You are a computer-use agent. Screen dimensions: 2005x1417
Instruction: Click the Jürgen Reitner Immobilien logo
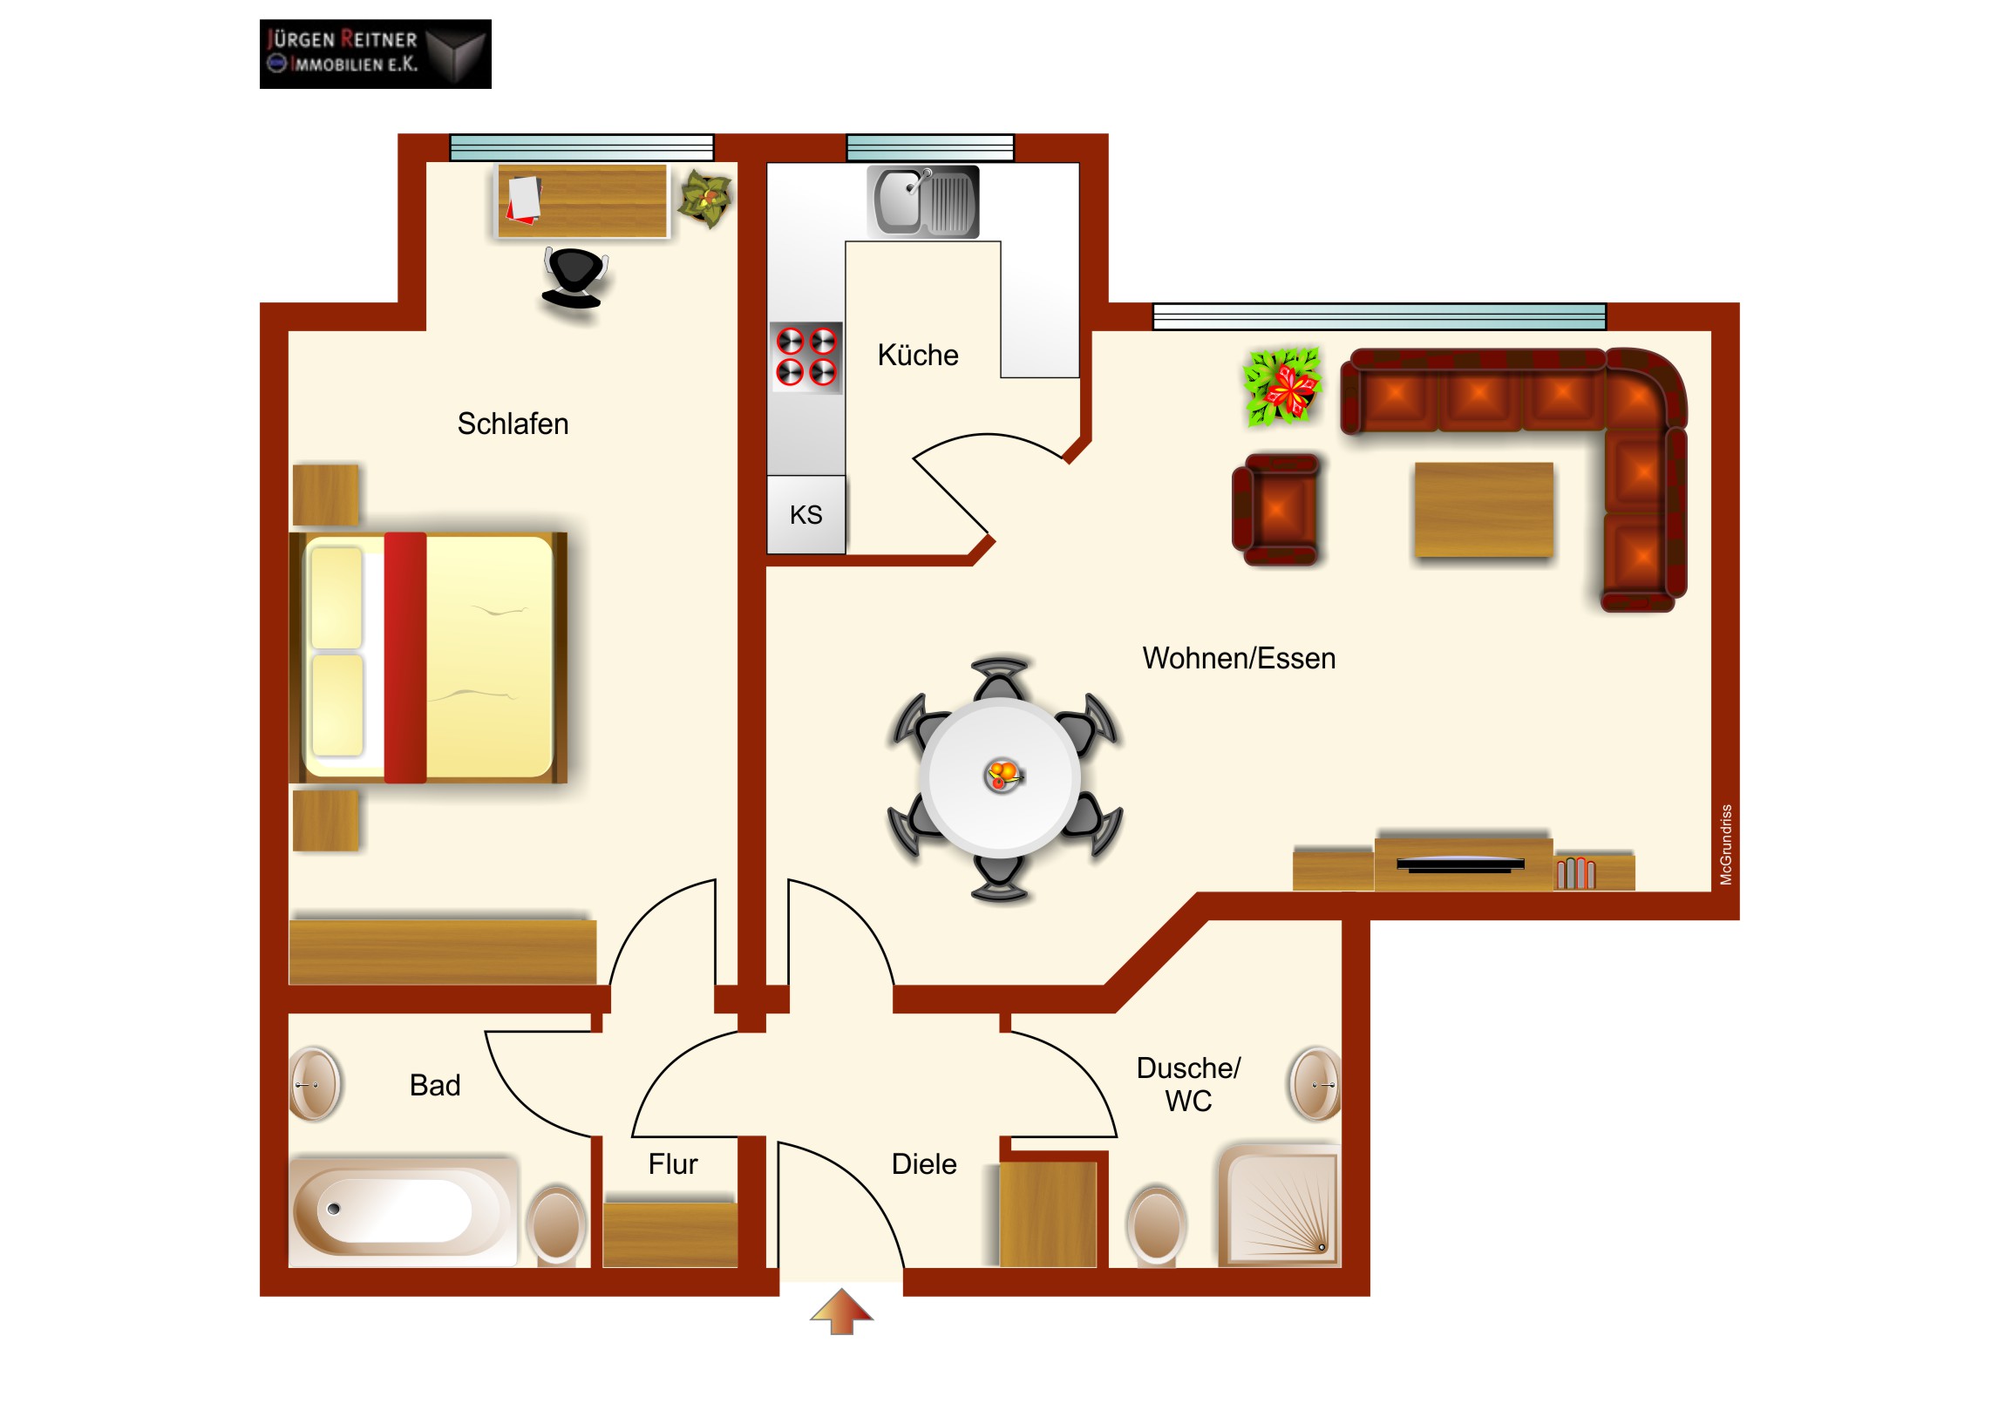click(376, 54)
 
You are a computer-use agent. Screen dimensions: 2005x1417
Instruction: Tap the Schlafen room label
click(513, 424)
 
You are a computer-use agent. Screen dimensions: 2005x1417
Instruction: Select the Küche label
click(918, 356)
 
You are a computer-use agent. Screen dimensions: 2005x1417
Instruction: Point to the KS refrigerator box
click(806, 514)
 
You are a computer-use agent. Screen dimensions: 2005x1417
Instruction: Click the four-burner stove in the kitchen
click(806, 357)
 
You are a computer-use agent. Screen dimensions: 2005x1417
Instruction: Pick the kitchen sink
click(923, 201)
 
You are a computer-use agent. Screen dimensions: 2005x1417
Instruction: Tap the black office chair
click(574, 278)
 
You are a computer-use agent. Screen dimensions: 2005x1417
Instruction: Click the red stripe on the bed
click(405, 657)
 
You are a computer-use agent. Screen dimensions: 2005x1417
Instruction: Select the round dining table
click(1001, 776)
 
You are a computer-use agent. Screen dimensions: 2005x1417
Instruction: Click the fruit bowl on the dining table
click(1003, 775)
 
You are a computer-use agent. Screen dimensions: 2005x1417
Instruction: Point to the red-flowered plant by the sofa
click(1282, 387)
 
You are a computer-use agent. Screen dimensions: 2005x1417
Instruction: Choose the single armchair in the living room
click(1276, 510)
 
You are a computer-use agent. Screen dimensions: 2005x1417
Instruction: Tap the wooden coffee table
click(1484, 510)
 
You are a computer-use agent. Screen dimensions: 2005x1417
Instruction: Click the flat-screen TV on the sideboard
click(1460, 864)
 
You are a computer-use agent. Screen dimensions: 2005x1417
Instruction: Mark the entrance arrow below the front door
click(841, 1311)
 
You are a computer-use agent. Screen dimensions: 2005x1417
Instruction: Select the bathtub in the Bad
click(404, 1212)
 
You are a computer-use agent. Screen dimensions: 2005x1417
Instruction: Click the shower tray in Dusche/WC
click(1280, 1206)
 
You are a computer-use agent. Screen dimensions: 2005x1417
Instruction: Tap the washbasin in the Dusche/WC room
click(1315, 1084)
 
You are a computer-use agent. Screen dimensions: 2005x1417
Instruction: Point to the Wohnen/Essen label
click(1239, 658)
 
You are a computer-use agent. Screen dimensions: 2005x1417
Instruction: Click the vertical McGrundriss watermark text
click(1725, 844)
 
